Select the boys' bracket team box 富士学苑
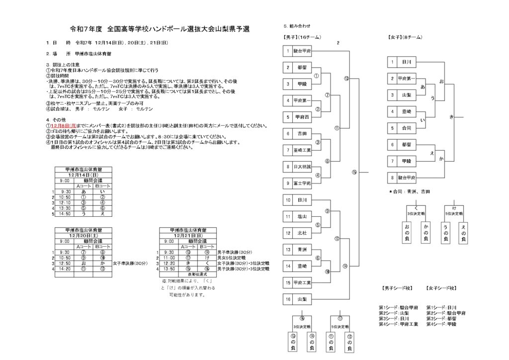click(302, 183)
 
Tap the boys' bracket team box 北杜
click(302, 232)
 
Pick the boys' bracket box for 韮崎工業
click(302, 150)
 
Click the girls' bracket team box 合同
click(406, 128)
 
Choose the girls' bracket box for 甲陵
click(406, 161)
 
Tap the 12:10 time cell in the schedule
click(66, 202)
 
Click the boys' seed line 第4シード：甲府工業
click(398, 324)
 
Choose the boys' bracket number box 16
click(288, 299)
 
